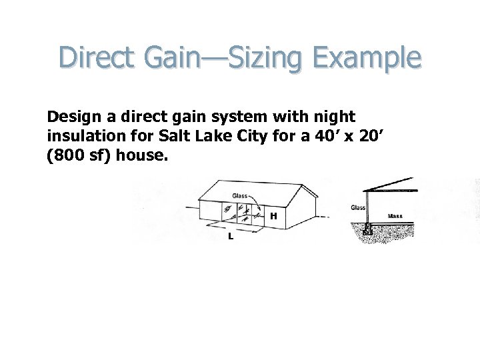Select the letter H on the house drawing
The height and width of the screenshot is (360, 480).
273,216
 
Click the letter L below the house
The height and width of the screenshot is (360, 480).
230,237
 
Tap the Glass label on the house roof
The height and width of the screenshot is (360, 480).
240,196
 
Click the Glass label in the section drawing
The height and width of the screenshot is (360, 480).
358,208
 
